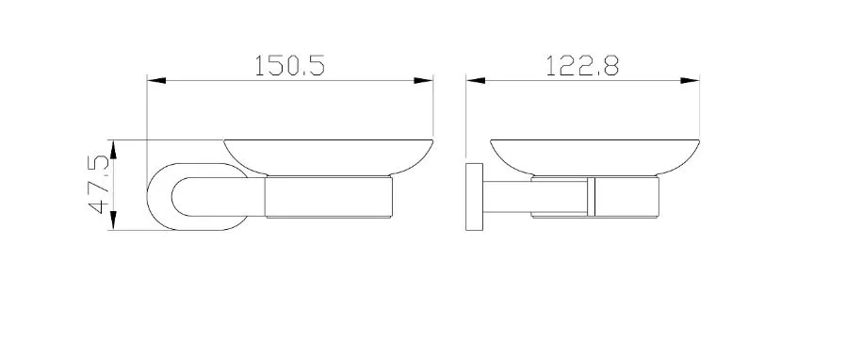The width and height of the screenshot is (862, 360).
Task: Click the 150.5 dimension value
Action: [289, 65]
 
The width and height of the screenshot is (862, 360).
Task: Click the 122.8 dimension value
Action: [583, 65]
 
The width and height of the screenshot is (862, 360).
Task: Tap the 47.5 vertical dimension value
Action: [100, 184]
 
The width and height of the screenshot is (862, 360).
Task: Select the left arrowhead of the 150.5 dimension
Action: [156, 81]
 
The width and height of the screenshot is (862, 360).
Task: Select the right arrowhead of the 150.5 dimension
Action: [423, 81]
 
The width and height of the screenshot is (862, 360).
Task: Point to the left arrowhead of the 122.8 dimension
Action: [476, 81]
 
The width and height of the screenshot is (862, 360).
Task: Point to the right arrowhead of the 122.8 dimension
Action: [690, 81]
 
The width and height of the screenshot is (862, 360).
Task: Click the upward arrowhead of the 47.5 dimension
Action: [113, 150]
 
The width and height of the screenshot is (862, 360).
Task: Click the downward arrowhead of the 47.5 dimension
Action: [113, 220]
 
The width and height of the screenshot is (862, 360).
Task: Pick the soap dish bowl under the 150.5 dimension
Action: [328, 157]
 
